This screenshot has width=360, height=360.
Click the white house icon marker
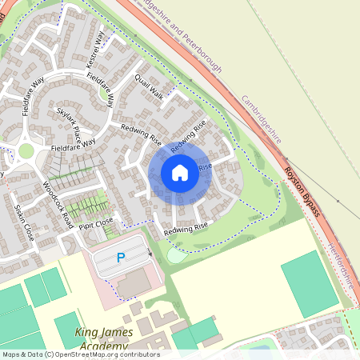point(180,172)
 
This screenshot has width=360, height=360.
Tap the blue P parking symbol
point(122,258)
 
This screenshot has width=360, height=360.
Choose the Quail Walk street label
point(149,89)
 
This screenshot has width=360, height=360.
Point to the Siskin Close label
point(23,222)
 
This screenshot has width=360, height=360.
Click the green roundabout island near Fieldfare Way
point(26,150)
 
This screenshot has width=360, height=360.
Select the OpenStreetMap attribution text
point(80,354)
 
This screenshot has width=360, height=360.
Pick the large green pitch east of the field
point(310,283)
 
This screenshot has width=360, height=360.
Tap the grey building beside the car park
point(134,282)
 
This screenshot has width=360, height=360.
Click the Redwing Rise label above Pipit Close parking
point(185,230)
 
